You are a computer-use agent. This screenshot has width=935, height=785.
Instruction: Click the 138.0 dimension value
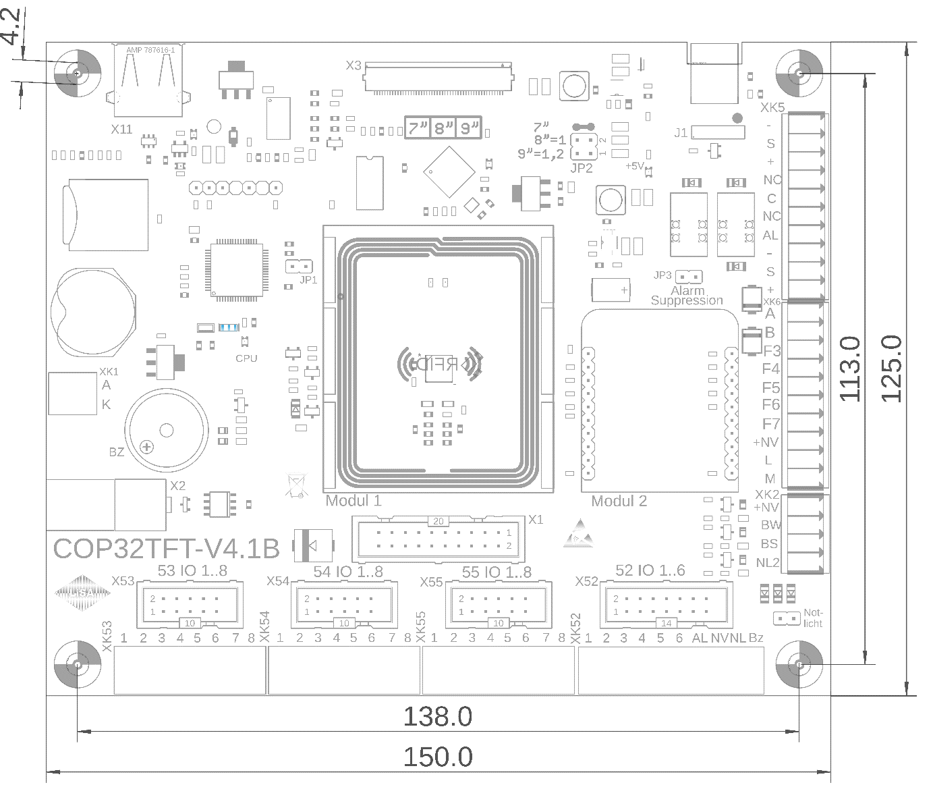(x=437, y=717)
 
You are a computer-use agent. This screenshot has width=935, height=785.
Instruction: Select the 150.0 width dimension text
(x=437, y=757)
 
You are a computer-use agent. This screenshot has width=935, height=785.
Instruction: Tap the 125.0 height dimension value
(x=892, y=369)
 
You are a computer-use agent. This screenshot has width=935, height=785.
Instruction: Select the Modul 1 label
(x=353, y=501)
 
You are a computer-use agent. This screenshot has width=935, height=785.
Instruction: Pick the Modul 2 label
(x=619, y=502)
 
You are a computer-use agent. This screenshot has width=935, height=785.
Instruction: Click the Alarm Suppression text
(x=687, y=296)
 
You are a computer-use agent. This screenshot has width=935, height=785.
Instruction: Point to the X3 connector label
(x=353, y=65)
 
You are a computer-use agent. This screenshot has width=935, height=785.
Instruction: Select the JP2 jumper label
(x=581, y=168)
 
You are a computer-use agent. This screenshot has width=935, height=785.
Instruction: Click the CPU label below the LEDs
(x=246, y=358)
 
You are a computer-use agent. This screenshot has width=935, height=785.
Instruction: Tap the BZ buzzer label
(x=117, y=452)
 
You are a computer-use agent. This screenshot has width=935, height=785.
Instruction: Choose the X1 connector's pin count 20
(x=438, y=521)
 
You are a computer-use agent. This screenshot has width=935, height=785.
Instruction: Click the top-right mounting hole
(x=799, y=73)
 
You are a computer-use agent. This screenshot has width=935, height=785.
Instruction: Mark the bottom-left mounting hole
(x=77, y=665)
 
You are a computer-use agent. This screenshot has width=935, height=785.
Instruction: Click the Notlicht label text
(x=812, y=618)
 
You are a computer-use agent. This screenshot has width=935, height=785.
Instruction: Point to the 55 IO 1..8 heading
(x=497, y=572)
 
